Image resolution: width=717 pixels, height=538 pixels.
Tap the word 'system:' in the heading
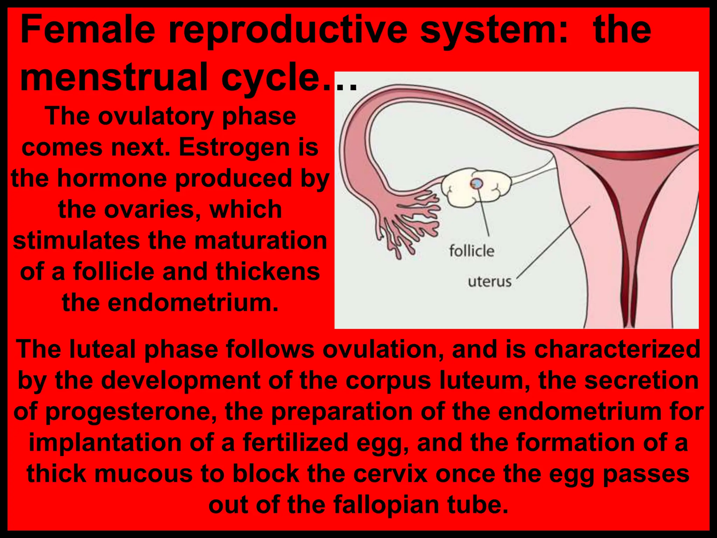click(x=494, y=31)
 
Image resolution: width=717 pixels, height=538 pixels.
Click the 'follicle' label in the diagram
click(x=472, y=251)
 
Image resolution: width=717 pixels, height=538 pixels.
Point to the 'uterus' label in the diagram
click(x=489, y=282)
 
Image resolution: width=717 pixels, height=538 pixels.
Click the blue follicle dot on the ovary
click(x=476, y=183)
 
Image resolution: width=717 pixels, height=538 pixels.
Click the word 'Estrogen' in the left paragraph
click(x=234, y=147)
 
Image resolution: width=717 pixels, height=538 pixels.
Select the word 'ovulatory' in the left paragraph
click(x=156, y=116)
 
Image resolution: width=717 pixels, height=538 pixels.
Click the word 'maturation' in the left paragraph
click(x=260, y=241)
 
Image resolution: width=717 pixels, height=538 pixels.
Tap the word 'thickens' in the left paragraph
click(x=267, y=272)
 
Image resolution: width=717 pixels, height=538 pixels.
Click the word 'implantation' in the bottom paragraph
click(x=105, y=442)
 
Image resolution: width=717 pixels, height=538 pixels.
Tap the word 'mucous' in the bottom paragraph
click(x=144, y=474)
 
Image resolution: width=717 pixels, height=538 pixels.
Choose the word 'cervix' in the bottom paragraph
click(x=390, y=474)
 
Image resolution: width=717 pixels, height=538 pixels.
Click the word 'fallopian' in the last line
click(x=385, y=505)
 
